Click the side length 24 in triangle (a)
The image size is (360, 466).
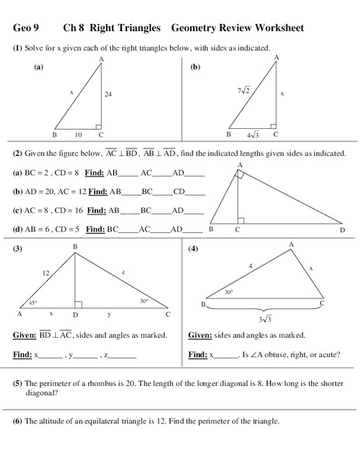[x=109, y=94]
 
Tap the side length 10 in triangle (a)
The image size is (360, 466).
[x=78, y=134]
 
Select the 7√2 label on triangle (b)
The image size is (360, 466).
[x=242, y=90]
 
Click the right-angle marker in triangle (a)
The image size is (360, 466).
[x=99, y=125]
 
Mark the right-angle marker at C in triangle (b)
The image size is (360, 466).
[x=272, y=125]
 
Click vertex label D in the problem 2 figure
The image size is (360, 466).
[x=342, y=231]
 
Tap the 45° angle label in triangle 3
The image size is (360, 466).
[x=33, y=302]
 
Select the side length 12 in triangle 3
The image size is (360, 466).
[x=46, y=273]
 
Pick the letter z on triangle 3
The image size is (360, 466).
[x=123, y=272]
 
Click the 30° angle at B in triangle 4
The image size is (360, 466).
[x=229, y=292]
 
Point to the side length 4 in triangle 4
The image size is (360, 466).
[x=250, y=266]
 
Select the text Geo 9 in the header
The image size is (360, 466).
[x=26, y=29]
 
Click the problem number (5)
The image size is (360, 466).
[x=17, y=383]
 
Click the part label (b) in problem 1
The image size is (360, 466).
[x=196, y=67]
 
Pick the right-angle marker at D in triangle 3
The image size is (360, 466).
[x=78, y=305]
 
